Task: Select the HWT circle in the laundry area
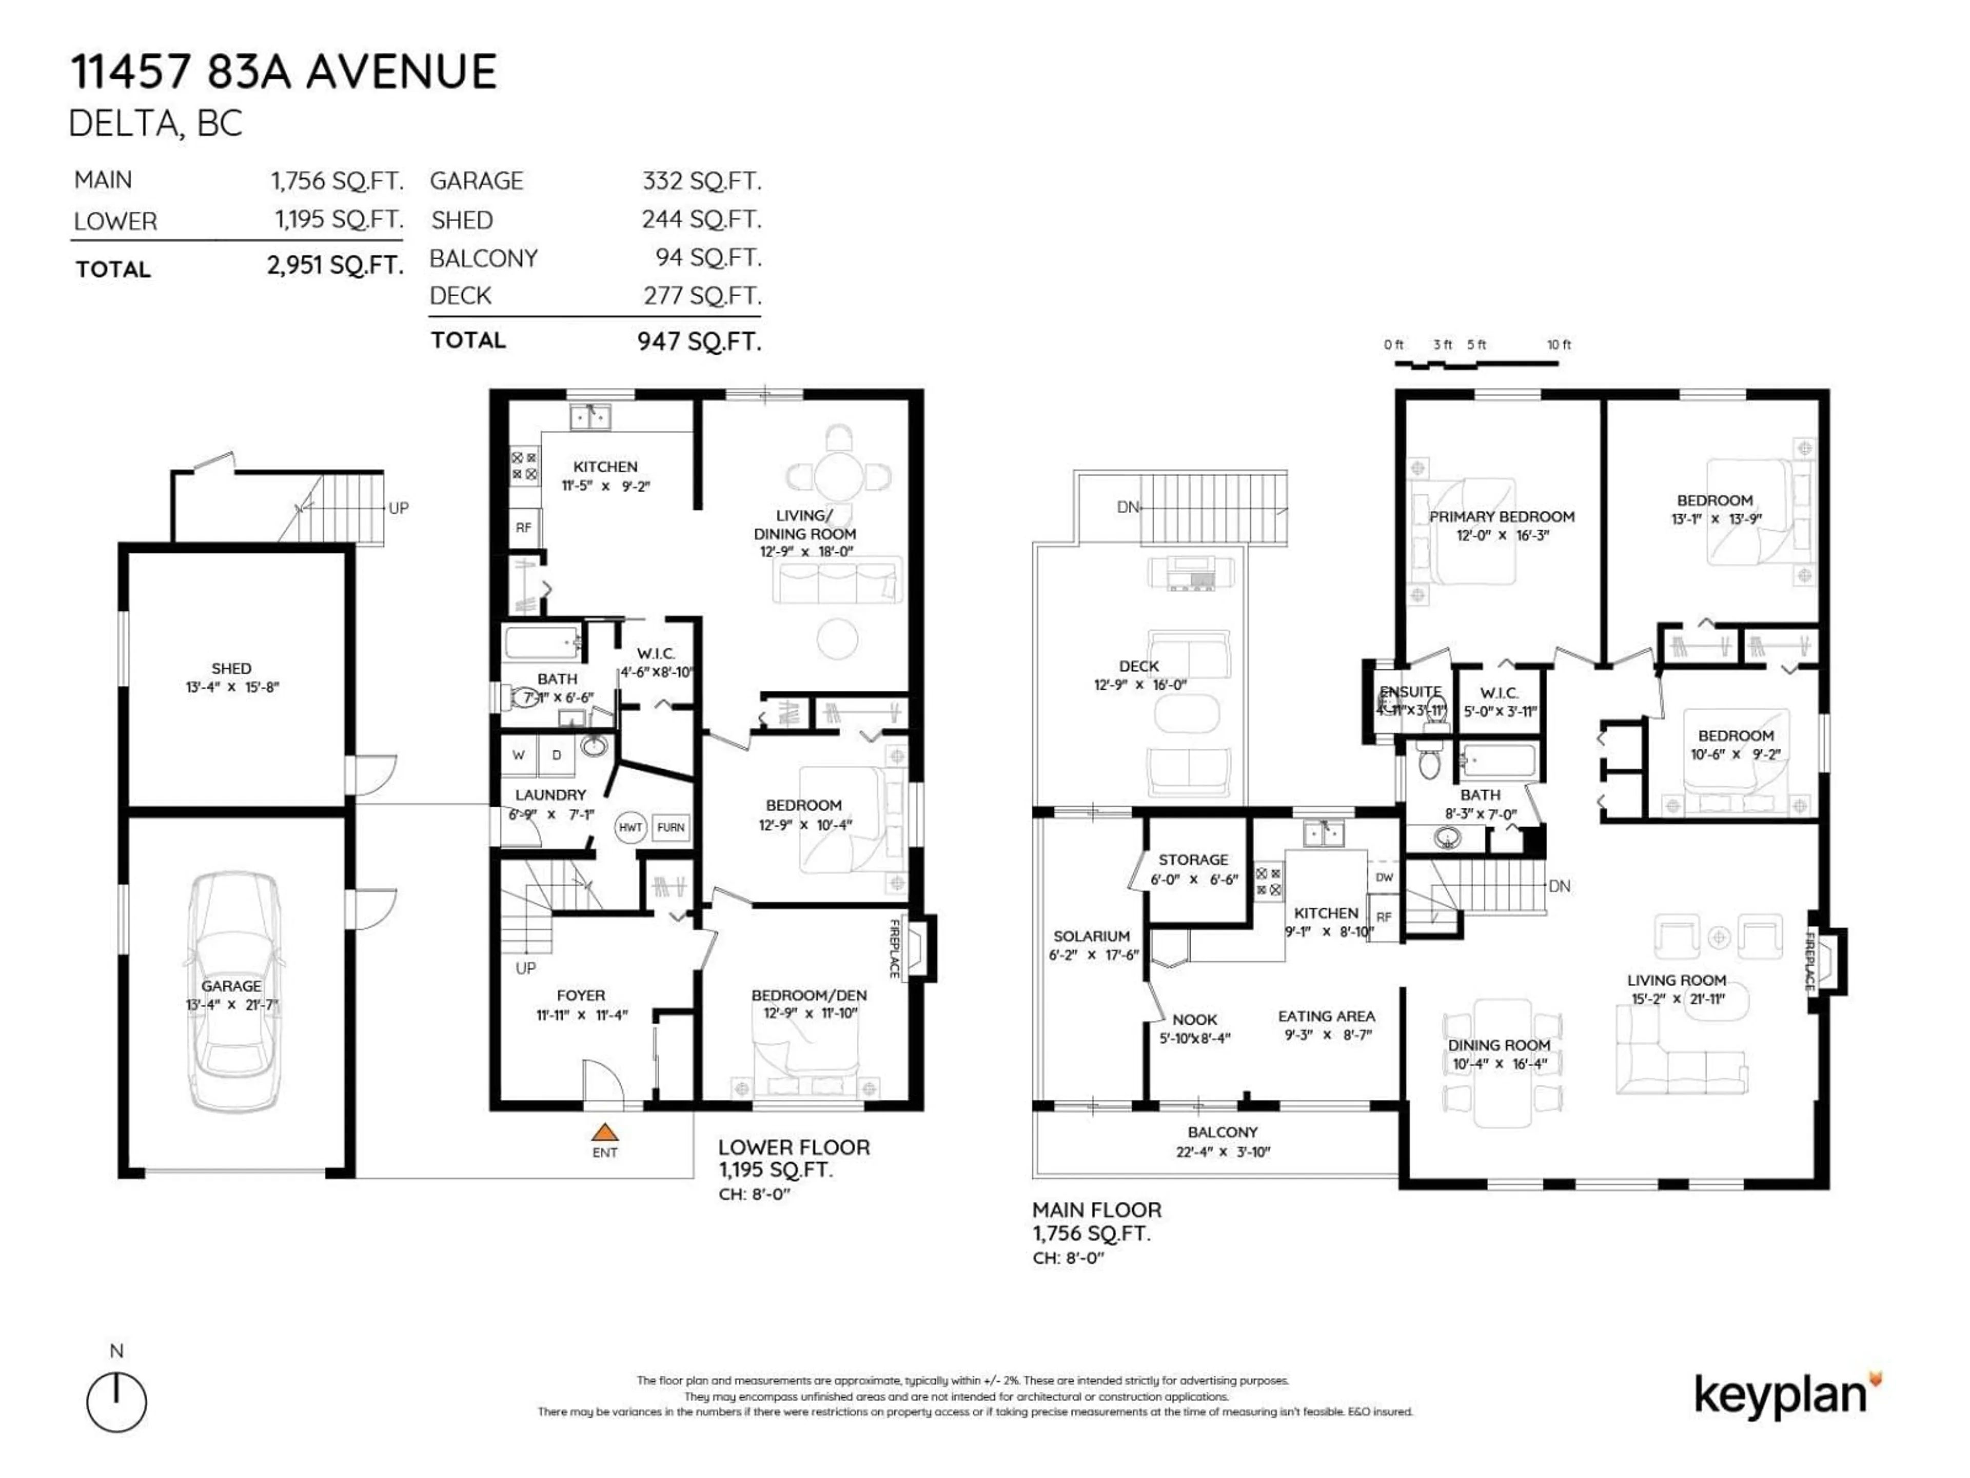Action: click(x=629, y=827)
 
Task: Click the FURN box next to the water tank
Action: click(x=671, y=827)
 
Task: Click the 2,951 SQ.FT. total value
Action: click(x=335, y=265)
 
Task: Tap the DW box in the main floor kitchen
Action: click(x=1384, y=878)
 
